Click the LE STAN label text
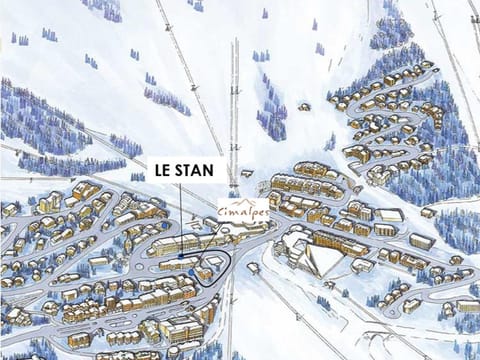tap(183, 170)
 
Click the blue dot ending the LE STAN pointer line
tap(181, 256)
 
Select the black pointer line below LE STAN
tap(181, 220)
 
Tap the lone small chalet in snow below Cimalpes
tap(253, 268)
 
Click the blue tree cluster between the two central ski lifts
tap(271, 120)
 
